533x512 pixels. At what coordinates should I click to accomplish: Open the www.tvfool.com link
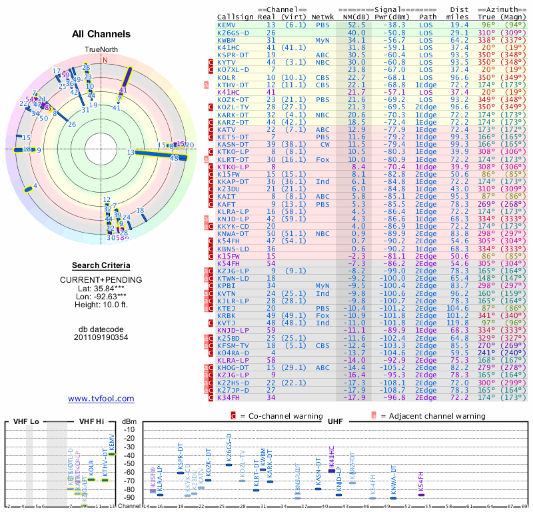[101, 399]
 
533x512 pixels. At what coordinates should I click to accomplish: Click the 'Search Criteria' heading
[101, 265]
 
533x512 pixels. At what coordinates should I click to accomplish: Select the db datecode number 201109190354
[101, 337]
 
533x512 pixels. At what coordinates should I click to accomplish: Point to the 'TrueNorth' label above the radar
[101, 50]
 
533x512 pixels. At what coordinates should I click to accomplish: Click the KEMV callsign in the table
[226, 25]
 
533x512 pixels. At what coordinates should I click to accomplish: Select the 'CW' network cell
[324, 144]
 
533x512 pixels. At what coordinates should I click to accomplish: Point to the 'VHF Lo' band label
[27, 422]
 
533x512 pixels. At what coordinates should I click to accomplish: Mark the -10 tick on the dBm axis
[129, 430]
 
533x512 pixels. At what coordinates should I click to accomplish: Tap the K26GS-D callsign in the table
[233, 33]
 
